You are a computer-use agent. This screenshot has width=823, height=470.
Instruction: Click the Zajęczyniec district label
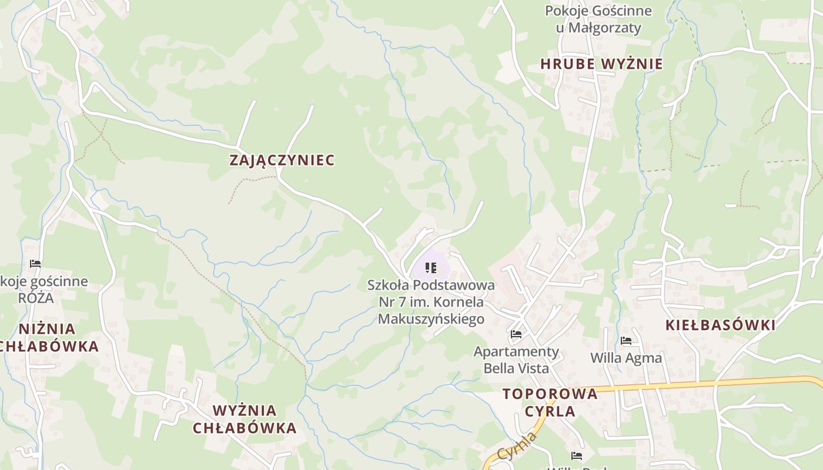(x=282, y=160)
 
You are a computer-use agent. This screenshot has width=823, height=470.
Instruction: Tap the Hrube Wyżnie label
(x=601, y=64)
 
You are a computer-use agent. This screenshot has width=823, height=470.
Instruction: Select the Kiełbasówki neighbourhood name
(x=720, y=325)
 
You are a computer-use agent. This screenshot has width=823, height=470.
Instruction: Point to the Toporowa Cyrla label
(x=550, y=402)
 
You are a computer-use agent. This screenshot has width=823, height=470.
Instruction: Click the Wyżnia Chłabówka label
(x=245, y=419)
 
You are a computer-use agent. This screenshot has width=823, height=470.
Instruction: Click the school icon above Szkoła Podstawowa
(x=431, y=268)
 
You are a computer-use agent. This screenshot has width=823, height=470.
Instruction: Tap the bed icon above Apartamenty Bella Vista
(x=516, y=334)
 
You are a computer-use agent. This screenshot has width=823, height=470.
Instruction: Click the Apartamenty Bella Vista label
(x=516, y=360)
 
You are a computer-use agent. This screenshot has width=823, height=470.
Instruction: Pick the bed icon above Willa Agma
(x=626, y=341)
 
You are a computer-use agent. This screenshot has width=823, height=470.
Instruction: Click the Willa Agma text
(x=626, y=358)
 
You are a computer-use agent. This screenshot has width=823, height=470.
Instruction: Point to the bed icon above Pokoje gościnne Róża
(x=35, y=264)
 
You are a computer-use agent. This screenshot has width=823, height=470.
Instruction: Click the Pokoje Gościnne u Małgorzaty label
(x=598, y=19)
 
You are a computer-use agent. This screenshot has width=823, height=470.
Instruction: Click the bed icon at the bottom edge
(x=577, y=456)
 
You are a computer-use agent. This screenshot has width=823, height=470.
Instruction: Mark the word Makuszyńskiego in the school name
(x=431, y=319)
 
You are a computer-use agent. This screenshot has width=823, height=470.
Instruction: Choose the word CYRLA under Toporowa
(x=550, y=411)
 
